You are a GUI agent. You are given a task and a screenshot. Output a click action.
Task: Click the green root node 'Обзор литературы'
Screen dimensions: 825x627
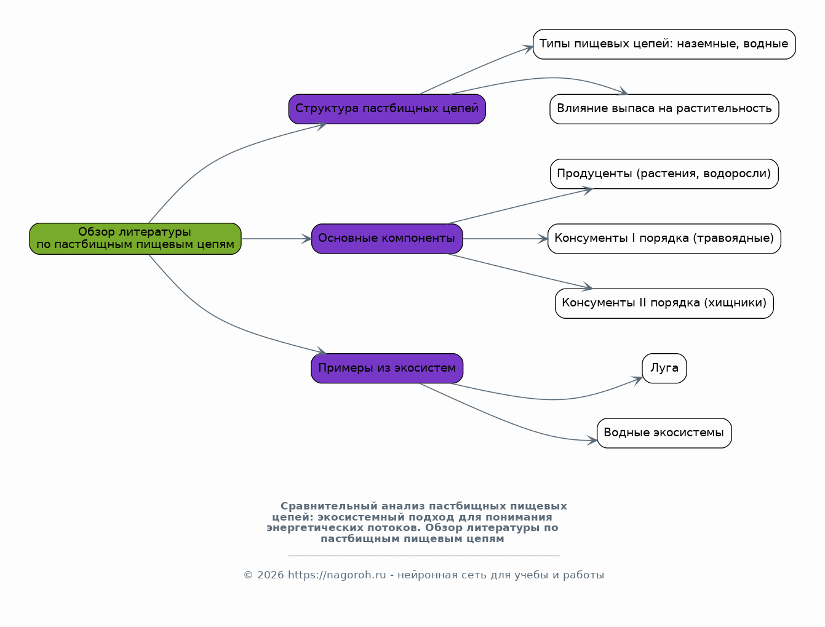click(x=135, y=239)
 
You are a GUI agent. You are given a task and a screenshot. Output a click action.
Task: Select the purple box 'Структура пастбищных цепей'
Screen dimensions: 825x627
click(x=387, y=109)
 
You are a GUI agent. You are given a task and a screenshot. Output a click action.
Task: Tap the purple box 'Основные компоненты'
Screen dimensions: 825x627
click(x=387, y=239)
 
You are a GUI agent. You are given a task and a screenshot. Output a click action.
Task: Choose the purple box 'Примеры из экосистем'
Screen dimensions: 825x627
click(x=387, y=369)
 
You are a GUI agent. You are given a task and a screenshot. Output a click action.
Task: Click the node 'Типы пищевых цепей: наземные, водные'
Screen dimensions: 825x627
click(x=664, y=44)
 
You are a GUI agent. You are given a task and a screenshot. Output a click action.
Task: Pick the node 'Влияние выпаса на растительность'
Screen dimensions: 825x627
click(x=664, y=109)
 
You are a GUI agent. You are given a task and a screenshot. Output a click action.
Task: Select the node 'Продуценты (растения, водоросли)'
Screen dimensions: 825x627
click(x=664, y=174)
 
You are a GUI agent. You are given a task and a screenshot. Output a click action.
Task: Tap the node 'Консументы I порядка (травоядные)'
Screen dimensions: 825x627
click(x=664, y=239)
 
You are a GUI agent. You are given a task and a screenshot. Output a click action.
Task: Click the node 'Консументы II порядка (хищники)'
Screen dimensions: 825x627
click(x=664, y=303)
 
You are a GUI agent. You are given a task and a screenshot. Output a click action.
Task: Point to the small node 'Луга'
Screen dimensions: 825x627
click(x=664, y=369)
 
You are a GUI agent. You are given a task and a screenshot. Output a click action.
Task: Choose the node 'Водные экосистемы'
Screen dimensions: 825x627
click(x=664, y=433)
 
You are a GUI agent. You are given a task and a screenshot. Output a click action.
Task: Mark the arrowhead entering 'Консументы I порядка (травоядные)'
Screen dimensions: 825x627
click(x=543, y=239)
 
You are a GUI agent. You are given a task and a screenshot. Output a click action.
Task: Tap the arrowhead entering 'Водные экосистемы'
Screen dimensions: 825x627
click(x=592, y=440)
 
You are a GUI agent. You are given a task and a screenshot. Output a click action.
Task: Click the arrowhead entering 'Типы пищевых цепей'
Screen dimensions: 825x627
click(x=528, y=48)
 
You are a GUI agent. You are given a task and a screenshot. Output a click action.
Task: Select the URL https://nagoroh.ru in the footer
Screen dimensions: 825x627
click(x=337, y=575)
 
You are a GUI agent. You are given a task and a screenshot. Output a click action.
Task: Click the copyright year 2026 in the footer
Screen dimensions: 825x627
click(x=270, y=575)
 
